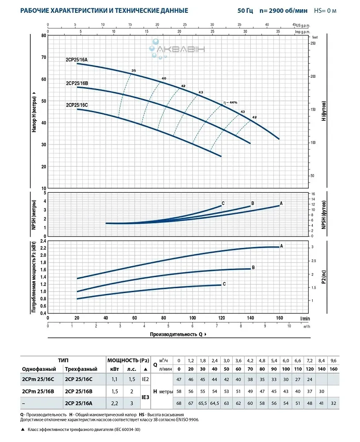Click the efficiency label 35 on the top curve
[x=134, y=71]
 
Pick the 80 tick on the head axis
[x=43, y=35]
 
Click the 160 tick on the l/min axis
[x=280, y=318]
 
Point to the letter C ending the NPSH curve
[x=223, y=203]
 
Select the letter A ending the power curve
[x=281, y=246]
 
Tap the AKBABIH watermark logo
[x=178, y=49]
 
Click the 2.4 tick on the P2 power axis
[x=43, y=241]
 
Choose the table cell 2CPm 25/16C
[x=38, y=379]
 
